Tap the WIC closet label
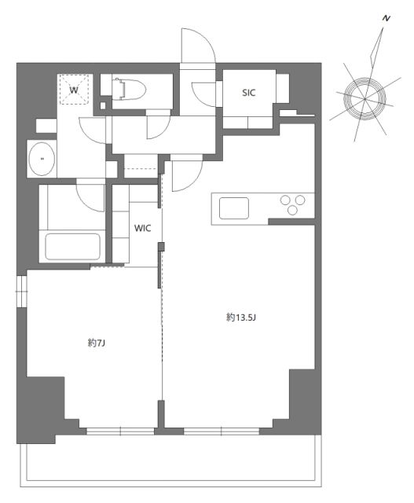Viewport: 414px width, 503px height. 142,228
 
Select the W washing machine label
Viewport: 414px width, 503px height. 75,90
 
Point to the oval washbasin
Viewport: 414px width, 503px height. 41,161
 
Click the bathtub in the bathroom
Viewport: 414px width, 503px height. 74,246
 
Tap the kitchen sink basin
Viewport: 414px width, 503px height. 235,208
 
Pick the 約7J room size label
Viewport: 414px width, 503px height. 97,343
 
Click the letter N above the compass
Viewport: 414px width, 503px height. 386,17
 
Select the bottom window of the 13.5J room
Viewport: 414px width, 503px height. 222,431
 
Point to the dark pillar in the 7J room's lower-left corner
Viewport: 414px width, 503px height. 43,405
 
